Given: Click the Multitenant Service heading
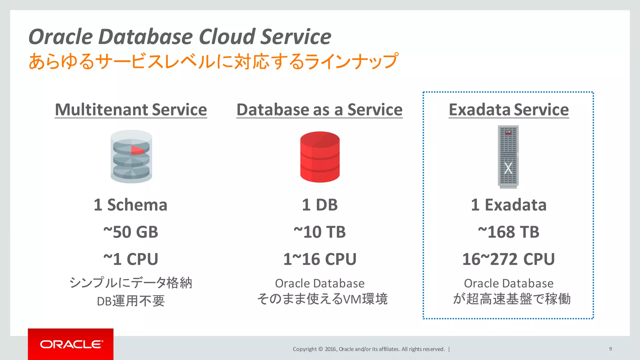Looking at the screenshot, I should click(x=131, y=110).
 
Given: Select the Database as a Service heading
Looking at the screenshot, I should click(x=319, y=110).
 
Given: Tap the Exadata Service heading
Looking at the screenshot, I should click(x=508, y=110).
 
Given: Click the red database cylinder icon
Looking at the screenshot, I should click(x=320, y=157).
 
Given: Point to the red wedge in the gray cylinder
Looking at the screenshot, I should click(x=137, y=150).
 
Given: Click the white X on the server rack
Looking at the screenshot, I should click(x=508, y=168).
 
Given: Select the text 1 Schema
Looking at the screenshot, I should click(x=131, y=205).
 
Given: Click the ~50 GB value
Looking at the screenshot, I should click(x=131, y=232).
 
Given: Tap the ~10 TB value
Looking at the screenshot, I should click(x=319, y=232).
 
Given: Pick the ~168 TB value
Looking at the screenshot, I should click(x=508, y=232).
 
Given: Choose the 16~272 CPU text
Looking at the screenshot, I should click(x=508, y=259).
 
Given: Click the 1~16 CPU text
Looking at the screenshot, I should click(x=319, y=259).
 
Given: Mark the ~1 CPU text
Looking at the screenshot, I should click(x=131, y=259).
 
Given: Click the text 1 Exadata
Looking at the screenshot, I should click(x=508, y=205).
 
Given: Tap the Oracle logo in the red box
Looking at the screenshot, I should click(x=71, y=344).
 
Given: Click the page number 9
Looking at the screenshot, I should click(x=610, y=349).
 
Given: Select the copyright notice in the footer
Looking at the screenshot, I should click(x=369, y=349).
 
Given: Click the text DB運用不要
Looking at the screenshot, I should click(x=131, y=301).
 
